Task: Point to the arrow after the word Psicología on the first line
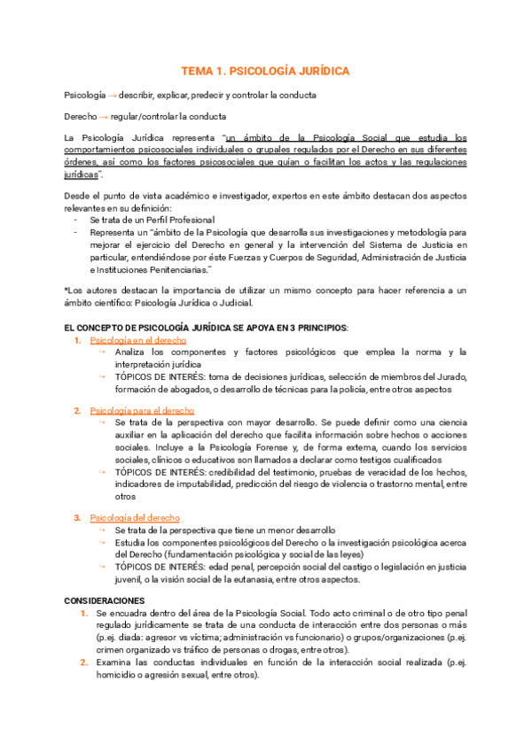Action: point(113,95)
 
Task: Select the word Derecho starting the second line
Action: point(81,116)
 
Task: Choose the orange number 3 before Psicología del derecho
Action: point(78,517)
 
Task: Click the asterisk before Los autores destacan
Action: point(66,290)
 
